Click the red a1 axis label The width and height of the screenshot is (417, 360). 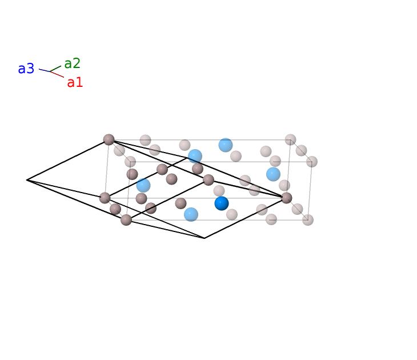point(75,82)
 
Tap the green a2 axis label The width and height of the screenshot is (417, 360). point(72,63)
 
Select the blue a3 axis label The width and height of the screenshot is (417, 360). point(26,69)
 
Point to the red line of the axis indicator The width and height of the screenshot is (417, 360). point(57,74)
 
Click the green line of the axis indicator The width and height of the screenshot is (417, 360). point(55,69)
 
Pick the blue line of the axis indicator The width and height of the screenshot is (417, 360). point(45,70)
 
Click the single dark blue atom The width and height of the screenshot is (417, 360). point(222,203)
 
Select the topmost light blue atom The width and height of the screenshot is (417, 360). point(226,145)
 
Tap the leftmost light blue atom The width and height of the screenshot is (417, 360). point(143,185)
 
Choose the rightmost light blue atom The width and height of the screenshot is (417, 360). point(273,174)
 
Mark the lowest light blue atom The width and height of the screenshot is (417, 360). point(191,214)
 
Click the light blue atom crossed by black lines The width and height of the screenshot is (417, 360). point(195,156)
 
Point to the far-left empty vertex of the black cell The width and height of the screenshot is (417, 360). point(27,180)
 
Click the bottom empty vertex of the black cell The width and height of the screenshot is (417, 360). point(205,238)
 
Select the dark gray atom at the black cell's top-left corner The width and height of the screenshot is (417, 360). point(109,139)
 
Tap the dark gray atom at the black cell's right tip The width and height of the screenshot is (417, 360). point(286,198)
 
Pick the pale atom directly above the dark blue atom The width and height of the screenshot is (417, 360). point(219,191)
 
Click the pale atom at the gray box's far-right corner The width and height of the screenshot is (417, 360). point(312,162)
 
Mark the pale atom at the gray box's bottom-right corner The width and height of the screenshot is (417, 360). point(308,220)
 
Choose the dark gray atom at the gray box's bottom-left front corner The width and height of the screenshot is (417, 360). point(126,220)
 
